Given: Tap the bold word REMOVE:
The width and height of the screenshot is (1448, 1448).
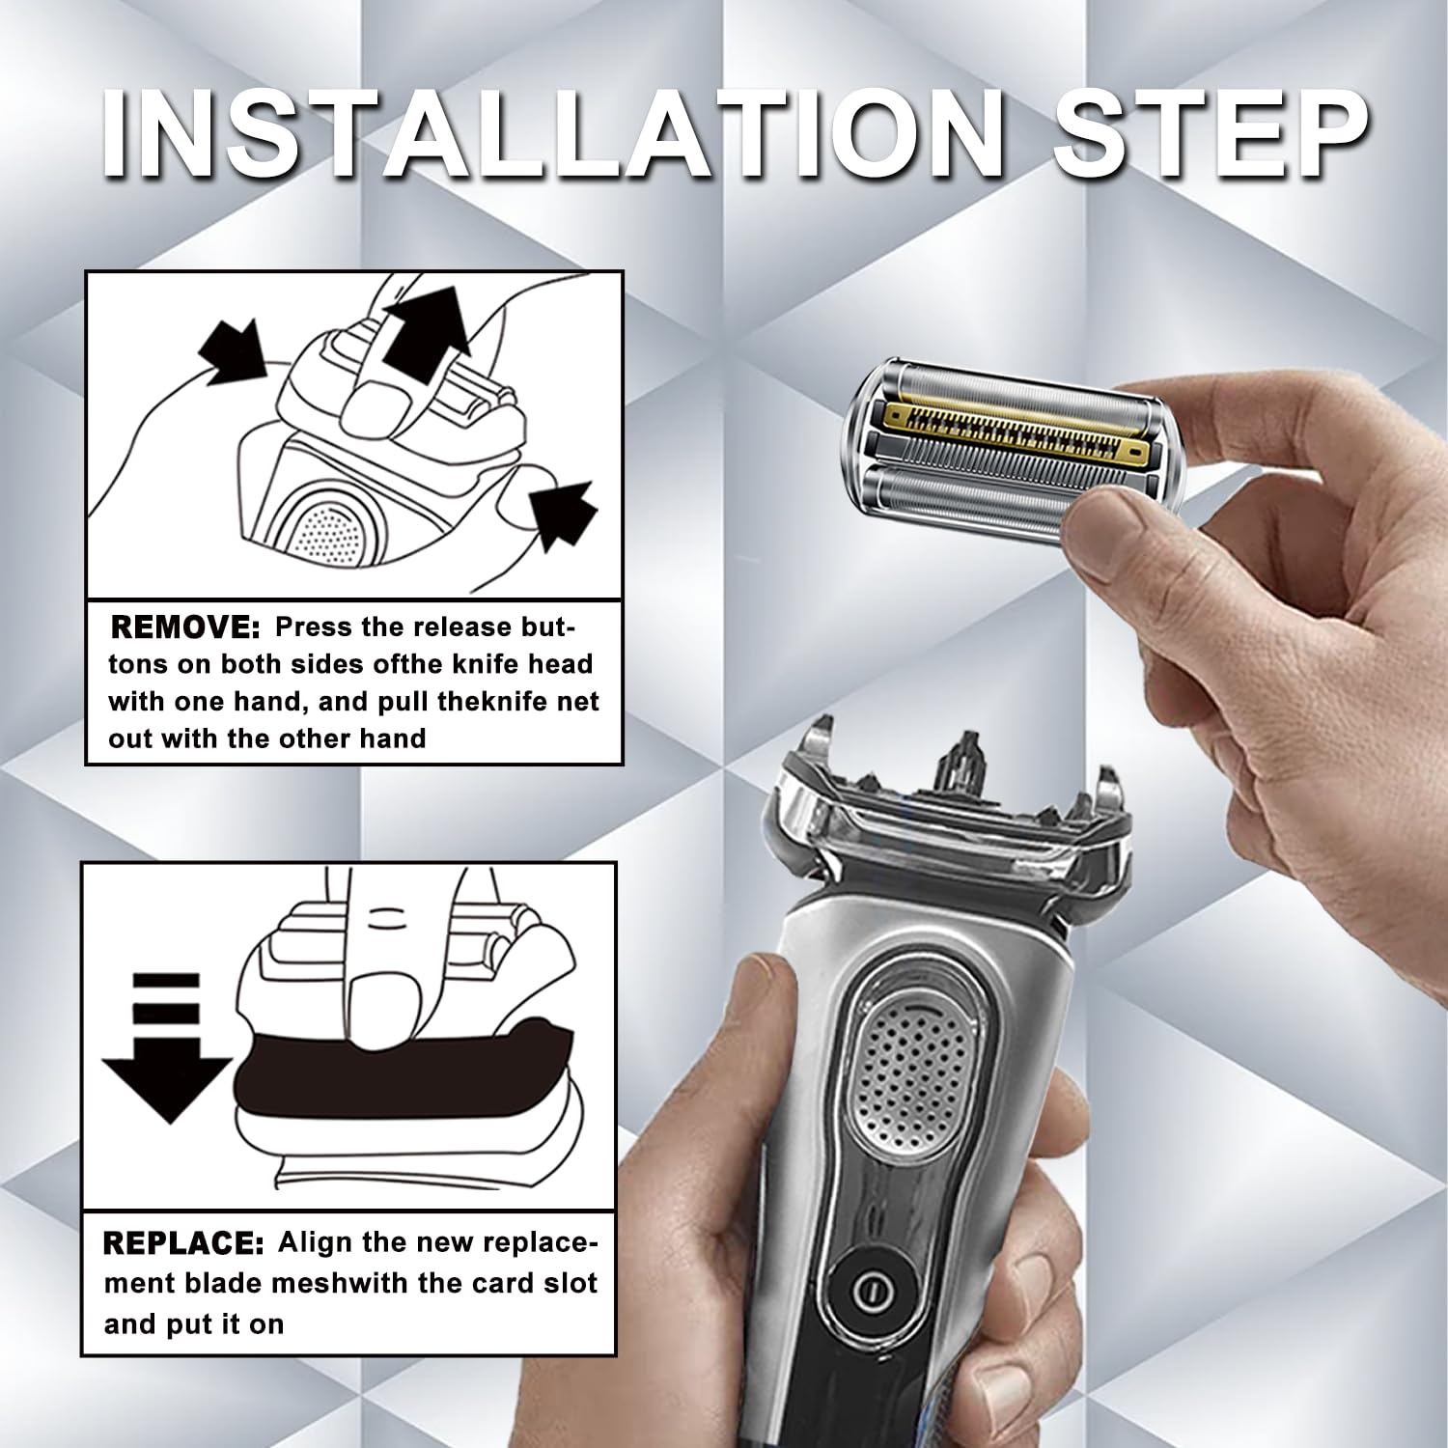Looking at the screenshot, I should (x=184, y=627).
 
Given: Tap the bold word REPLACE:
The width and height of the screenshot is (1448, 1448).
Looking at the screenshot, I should (x=182, y=1243).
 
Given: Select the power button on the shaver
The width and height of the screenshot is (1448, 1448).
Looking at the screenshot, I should (x=872, y=1291).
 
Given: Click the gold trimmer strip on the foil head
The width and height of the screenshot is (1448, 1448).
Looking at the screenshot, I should (x=1014, y=432).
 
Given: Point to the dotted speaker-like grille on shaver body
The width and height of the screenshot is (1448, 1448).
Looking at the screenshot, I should (x=907, y=1072).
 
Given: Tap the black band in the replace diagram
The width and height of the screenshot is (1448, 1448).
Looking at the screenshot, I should (x=405, y=1072).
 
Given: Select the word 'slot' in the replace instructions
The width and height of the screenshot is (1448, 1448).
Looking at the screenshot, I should (x=571, y=1284).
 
